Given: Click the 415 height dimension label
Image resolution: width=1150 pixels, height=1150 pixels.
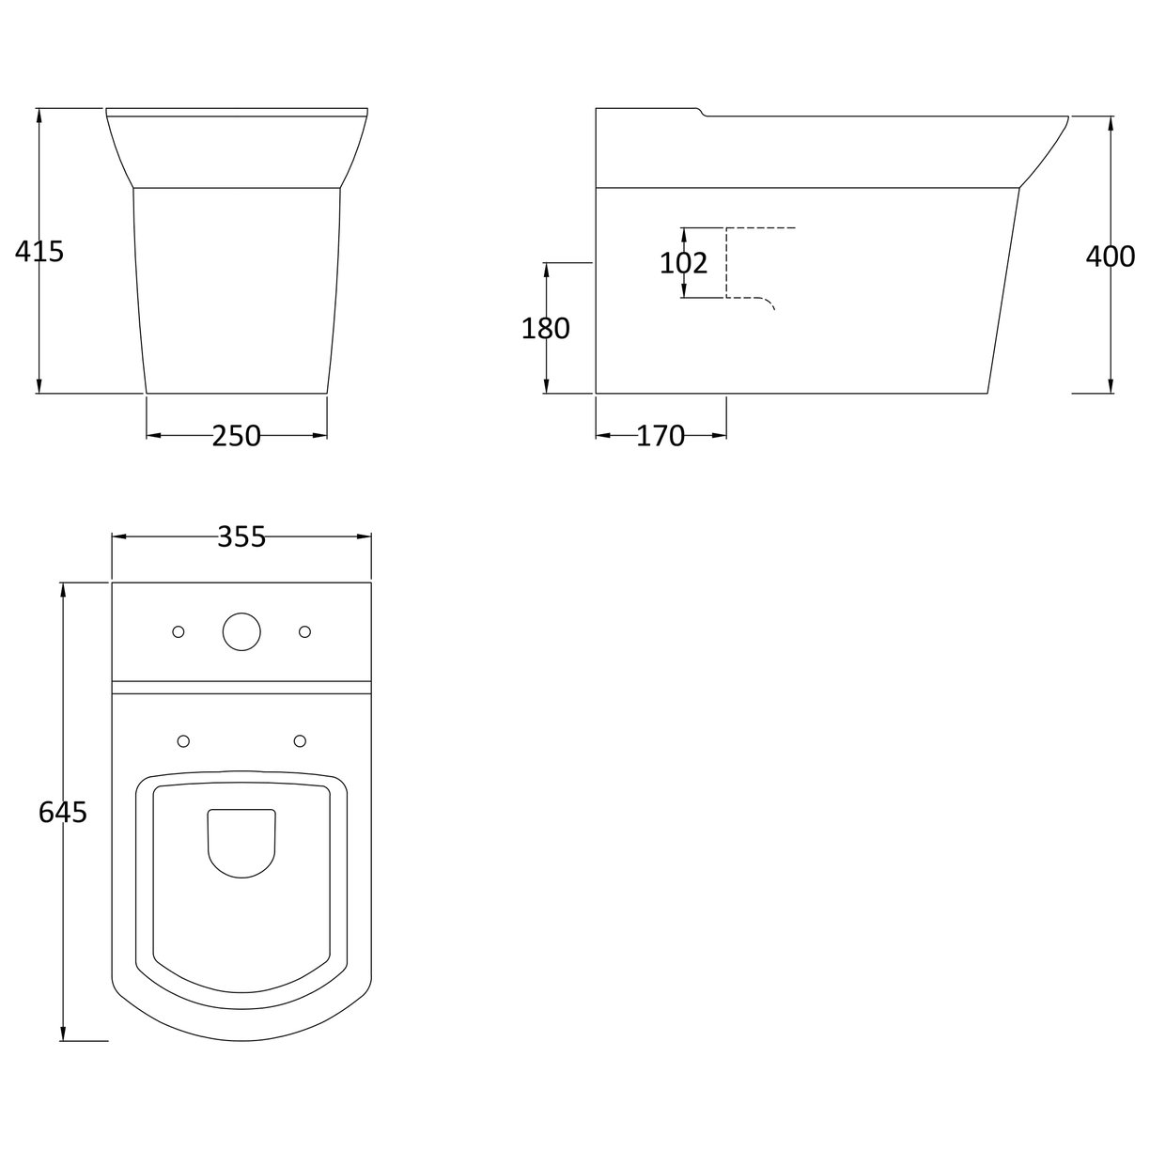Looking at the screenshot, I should pyautogui.click(x=39, y=252).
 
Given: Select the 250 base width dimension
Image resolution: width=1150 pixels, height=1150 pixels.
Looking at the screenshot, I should pyautogui.click(x=236, y=436).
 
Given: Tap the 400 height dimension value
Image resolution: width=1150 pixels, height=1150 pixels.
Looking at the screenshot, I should pyautogui.click(x=1111, y=256).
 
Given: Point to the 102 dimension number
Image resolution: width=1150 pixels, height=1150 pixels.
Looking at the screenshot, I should pyautogui.click(x=683, y=264).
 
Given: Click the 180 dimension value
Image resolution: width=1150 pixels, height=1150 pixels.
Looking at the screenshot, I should pyautogui.click(x=546, y=329).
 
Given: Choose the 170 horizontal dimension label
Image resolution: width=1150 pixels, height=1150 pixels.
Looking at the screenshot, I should pyautogui.click(x=660, y=436).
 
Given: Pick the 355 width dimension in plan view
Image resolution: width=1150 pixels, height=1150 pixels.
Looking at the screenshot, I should pyautogui.click(x=241, y=536).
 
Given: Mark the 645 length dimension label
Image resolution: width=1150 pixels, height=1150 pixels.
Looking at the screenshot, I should pyautogui.click(x=63, y=813).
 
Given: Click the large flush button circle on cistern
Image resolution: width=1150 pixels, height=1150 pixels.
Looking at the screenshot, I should pyautogui.click(x=241, y=632).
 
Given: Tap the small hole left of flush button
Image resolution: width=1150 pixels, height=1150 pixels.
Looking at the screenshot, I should pyautogui.click(x=179, y=632).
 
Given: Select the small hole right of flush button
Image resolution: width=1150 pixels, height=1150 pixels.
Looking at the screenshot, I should pyautogui.click(x=304, y=632).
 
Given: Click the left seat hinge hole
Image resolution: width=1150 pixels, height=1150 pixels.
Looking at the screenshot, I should pyautogui.click(x=183, y=742).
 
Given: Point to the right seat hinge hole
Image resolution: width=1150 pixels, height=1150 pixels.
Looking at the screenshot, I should pyautogui.click(x=300, y=742).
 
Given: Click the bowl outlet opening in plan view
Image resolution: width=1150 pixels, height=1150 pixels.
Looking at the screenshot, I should pyautogui.click(x=241, y=841).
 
